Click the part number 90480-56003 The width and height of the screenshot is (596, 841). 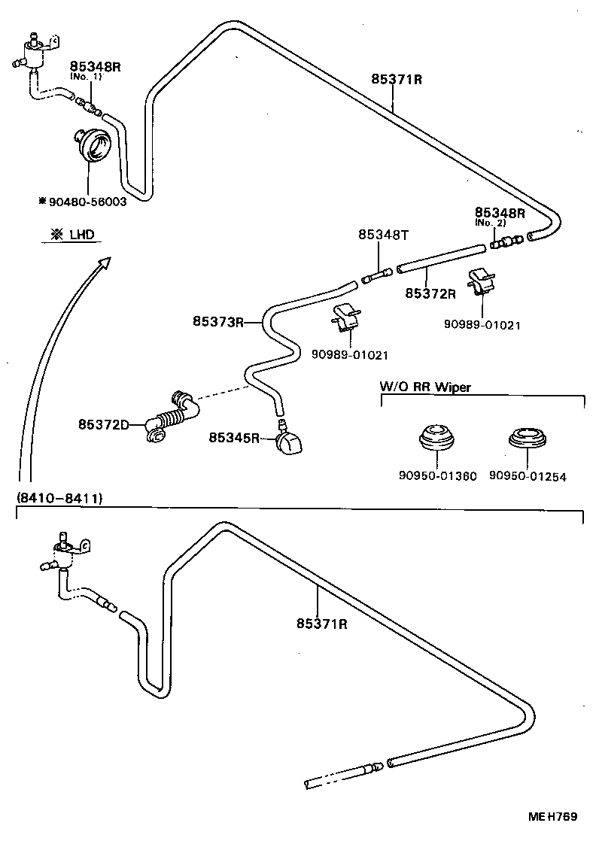[85, 202]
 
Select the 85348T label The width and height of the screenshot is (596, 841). [382, 235]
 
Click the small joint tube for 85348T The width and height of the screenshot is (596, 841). [377, 276]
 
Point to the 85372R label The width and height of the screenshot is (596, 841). [430, 293]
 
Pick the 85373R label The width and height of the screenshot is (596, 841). [217, 321]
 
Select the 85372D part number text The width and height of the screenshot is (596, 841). [104, 424]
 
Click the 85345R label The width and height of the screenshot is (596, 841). [234, 437]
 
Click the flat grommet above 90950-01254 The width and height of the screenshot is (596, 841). [527, 438]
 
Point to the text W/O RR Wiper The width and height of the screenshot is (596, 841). [424, 387]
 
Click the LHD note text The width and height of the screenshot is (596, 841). [73, 235]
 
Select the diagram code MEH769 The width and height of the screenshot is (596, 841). [556, 816]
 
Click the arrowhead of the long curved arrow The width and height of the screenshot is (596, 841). [104, 261]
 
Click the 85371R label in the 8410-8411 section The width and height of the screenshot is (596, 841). [321, 624]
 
